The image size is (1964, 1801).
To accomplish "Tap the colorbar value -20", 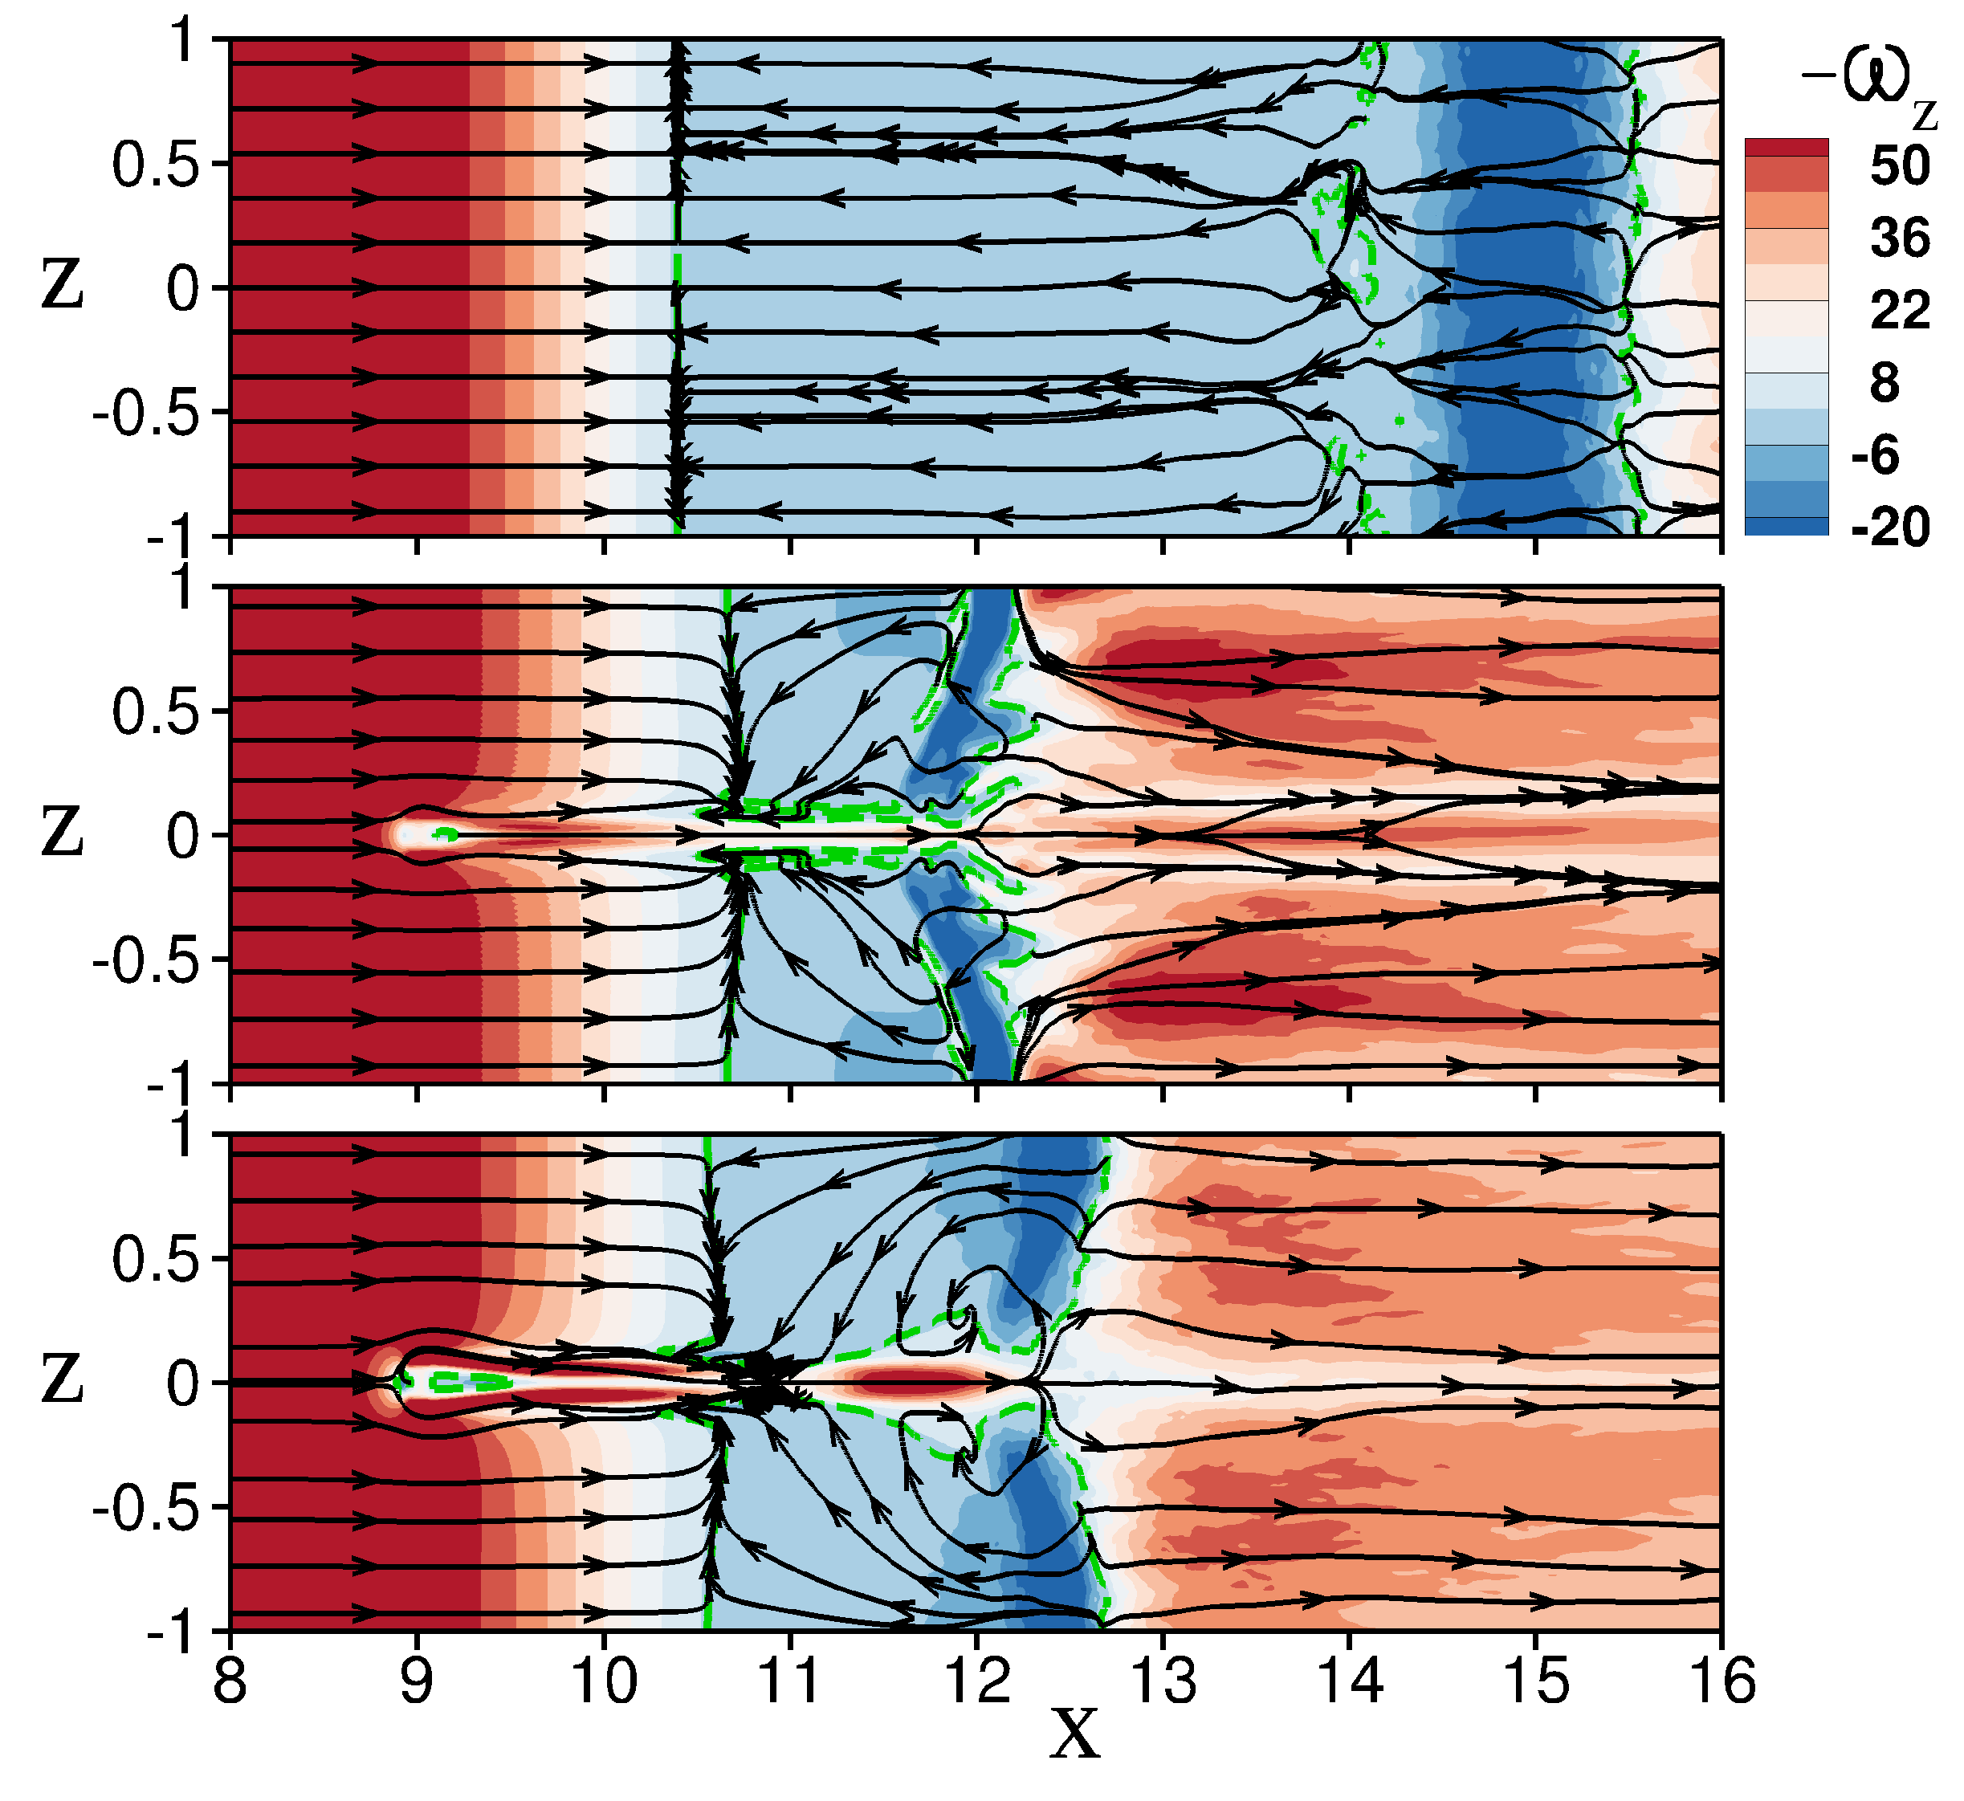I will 1890,528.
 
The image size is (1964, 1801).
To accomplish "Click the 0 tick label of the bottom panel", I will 183,1383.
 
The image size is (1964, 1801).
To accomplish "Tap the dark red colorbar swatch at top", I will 1786,148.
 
